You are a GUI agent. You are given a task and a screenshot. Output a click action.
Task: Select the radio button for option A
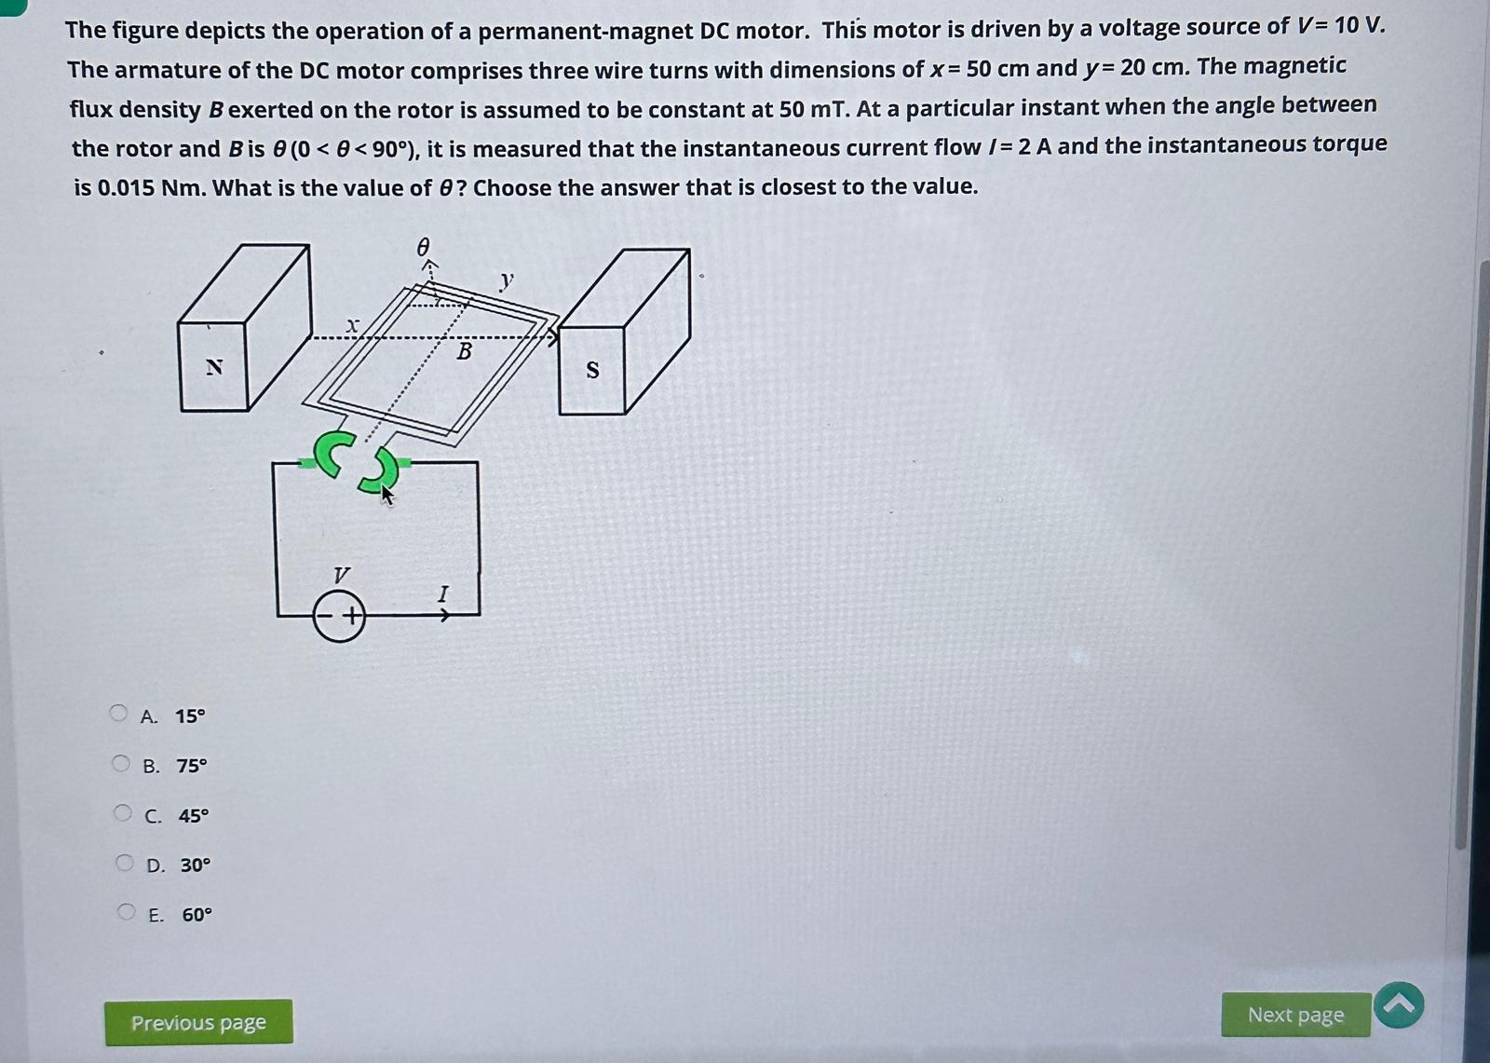tap(118, 714)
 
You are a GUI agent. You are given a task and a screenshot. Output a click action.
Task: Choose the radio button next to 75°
tap(121, 764)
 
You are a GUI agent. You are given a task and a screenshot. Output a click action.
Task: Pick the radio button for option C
tap(123, 813)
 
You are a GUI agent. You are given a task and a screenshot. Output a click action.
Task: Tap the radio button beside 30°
tap(125, 863)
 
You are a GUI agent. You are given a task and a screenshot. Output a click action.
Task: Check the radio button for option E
tap(127, 912)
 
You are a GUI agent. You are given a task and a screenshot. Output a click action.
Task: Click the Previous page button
tap(198, 1022)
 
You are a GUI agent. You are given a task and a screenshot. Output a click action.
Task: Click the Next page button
tap(1295, 1015)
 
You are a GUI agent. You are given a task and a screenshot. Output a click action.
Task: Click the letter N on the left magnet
tap(214, 367)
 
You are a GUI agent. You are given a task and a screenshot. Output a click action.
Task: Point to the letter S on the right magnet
tap(592, 371)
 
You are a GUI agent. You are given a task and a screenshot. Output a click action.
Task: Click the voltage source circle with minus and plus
tap(339, 617)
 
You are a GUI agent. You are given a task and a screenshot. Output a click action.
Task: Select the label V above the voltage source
tap(342, 574)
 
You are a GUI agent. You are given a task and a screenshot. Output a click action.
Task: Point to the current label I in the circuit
tap(443, 593)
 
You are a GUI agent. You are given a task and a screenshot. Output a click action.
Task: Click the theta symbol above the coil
tap(423, 247)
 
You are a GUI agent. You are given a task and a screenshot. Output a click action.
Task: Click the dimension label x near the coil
tap(352, 325)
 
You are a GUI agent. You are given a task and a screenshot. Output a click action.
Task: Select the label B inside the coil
tap(464, 352)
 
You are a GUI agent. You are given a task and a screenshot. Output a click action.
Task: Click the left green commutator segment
tap(332, 452)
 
